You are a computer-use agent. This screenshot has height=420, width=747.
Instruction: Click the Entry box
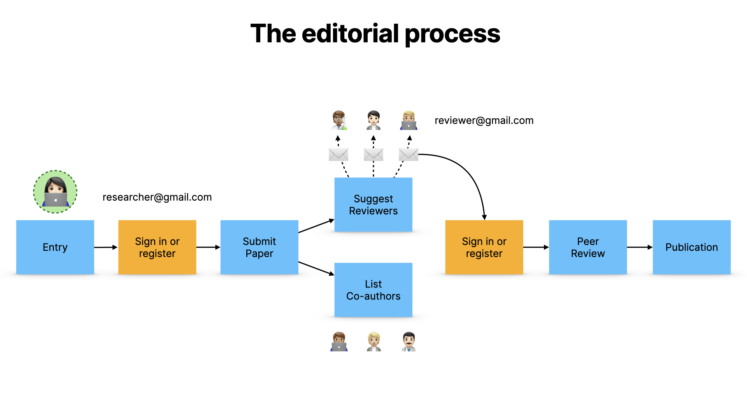click(55, 247)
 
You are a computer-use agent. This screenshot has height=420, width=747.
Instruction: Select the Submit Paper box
click(259, 247)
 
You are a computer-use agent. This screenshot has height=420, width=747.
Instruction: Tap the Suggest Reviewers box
click(373, 205)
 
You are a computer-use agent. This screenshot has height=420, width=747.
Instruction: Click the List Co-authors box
click(373, 290)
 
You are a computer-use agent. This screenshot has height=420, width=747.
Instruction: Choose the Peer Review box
click(587, 247)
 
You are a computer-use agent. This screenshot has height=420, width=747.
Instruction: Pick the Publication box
click(691, 247)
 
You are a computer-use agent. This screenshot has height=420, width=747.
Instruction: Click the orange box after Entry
click(157, 247)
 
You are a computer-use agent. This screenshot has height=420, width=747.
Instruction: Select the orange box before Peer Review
click(484, 247)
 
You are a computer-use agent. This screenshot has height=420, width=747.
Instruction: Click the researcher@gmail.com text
click(157, 197)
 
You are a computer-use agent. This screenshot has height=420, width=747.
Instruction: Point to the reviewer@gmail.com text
click(484, 121)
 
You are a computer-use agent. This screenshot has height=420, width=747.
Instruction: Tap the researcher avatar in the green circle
click(55, 192)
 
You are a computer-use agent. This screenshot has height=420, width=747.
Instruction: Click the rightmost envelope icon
click(408, 154)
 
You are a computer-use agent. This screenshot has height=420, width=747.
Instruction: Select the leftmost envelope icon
click(338, 154)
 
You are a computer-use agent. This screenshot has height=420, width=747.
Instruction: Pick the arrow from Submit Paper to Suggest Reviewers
click(316, 226)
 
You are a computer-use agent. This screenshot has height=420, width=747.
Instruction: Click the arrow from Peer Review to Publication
click(639, 247)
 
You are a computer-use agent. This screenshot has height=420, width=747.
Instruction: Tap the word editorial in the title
click(350, 33)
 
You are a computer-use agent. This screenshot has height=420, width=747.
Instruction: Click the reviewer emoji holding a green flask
click(339, 120)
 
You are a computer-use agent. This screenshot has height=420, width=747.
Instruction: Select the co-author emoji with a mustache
click(409, 341)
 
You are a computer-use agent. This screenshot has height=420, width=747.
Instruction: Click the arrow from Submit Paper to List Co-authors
click(316, 268)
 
